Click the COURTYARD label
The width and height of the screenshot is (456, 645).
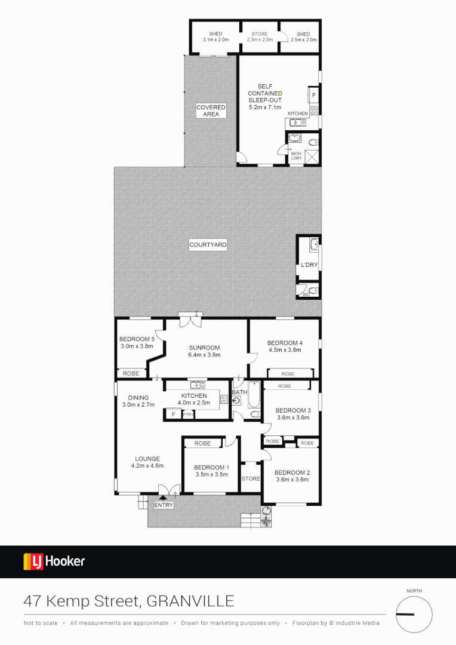click(208, 245)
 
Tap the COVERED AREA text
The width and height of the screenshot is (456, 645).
click(211, 110)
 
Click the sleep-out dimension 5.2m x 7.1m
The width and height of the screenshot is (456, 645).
click(266, 107)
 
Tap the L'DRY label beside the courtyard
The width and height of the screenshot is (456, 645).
click(309, 265)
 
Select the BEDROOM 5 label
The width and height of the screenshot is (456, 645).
click(137, 339)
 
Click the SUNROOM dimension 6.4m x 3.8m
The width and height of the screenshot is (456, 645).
click(205, 355)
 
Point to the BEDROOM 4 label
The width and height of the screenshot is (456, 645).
click(285, 343)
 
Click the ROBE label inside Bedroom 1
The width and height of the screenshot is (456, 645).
click(202, 444)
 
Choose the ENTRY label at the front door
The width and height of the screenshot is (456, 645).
click(164, 505)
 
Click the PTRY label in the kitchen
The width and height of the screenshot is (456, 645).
click(188, 414)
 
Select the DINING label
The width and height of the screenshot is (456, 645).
click(138, 398)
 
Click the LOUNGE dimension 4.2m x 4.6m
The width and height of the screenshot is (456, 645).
click(147, 466)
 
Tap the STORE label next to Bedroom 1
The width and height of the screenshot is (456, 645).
click(251, 478)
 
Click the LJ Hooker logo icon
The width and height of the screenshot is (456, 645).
click(32, 561)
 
